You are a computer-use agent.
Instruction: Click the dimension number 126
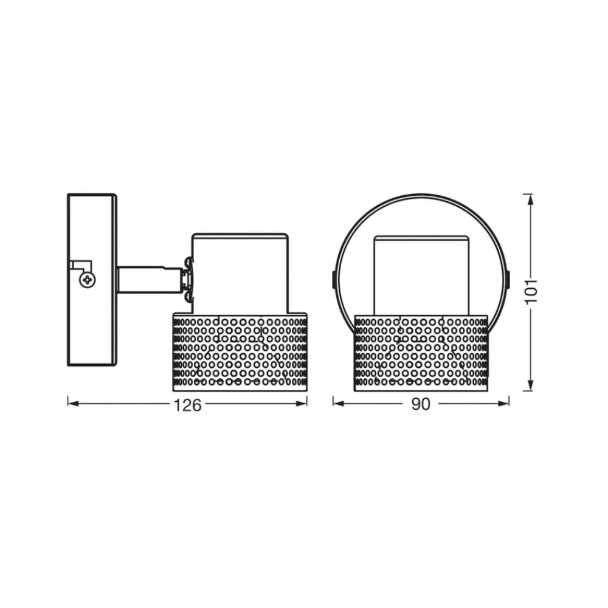tap(187, 405)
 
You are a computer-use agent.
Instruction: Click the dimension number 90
tap(420, 405)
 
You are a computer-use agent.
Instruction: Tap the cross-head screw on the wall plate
tap(89, 280)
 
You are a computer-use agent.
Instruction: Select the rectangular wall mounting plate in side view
tap(91, 243)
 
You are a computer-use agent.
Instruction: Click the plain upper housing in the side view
tap(240, 271)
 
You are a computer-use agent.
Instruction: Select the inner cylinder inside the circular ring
tap(421, 274)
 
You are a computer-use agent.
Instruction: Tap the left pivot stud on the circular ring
tap(333, 279)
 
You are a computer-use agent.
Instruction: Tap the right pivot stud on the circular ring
tap(508, 279)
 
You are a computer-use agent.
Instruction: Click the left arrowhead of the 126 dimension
tap(71, 402)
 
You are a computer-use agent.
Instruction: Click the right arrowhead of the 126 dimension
tap(303, 402)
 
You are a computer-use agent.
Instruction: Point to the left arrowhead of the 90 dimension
tap(336, 402)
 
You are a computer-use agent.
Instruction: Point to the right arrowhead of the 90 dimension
tap(505, 402)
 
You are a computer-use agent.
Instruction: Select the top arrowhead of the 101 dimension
tap(531, 198)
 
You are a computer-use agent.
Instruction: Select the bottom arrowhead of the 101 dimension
tap(531, 386)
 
